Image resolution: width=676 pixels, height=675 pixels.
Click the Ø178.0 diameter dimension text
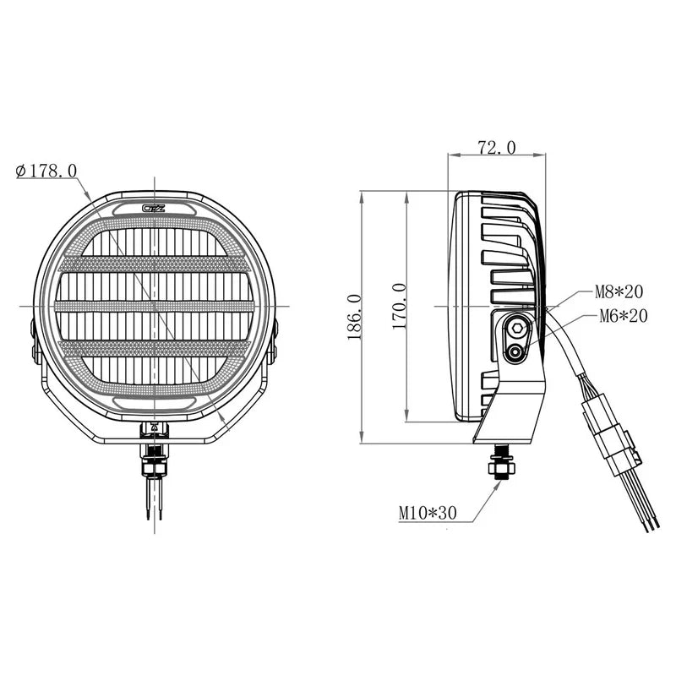(46, 171)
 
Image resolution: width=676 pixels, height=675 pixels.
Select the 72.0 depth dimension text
(496, 148)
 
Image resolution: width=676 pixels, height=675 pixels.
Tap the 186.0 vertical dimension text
(353, 317)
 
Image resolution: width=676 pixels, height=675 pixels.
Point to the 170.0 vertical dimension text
(400, 306)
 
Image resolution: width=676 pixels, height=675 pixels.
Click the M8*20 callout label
(619, 292)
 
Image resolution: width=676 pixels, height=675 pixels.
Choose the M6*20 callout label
(623, 316)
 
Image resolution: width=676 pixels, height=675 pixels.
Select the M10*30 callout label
(427, 512)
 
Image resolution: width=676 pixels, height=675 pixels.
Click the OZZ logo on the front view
(155, 208)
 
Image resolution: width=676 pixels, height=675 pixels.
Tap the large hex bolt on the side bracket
(515, 327)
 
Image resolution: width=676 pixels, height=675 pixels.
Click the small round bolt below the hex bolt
(513, 352)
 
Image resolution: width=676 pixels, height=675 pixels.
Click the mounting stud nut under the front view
(155, 462)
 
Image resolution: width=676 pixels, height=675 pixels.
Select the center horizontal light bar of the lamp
(155, 306)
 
